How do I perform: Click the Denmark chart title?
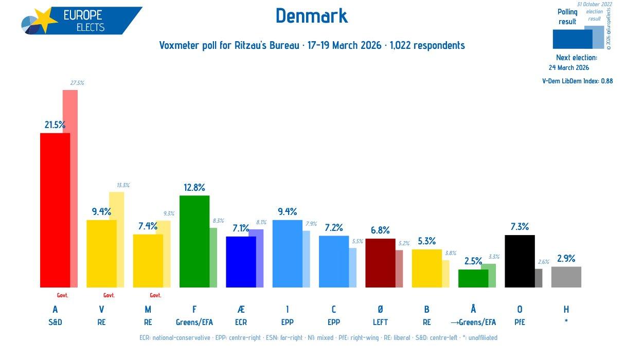312,16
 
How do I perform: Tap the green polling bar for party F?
194,241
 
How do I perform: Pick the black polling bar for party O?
520,261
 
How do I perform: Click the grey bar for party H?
566,277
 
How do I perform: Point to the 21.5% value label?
55,124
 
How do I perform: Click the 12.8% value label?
194,187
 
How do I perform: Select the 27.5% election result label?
77,83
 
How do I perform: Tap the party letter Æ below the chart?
241,309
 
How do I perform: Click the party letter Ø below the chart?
380,309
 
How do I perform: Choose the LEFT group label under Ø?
380,322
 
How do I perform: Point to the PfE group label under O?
520,322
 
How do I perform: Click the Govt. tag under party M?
155,295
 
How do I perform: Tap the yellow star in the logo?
46,21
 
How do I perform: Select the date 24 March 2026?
569,67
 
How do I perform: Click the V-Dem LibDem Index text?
577,81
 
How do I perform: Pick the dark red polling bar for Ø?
380,263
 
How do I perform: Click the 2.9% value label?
566,258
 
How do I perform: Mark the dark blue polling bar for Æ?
241,262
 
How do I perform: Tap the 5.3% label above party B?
426,241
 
